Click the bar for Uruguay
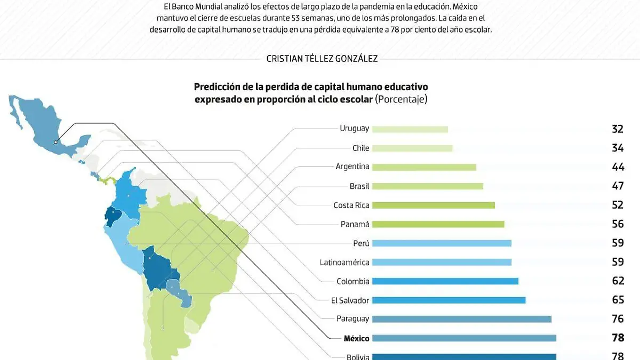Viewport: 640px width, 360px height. tap(410, 129)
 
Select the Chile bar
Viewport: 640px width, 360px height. tap(412, 148)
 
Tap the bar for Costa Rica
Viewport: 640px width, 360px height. tap(433, 205)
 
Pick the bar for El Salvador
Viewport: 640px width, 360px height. tap(449, 300)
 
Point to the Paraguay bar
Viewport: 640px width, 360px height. tap(461, 319)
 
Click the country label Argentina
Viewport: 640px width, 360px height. tap(353, 167)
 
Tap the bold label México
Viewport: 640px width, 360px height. tap(356, 338)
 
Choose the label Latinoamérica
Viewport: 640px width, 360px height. tap(345, 262)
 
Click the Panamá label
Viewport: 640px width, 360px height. tap(355, 225)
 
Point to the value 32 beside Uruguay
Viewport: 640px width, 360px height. tap(618, 129)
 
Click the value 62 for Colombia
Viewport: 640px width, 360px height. tap(618, 281)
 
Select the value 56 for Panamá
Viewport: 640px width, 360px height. tap(618, 225)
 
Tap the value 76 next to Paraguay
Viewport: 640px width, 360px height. tap(618, 319)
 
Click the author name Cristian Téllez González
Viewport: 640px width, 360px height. tap(322, 59)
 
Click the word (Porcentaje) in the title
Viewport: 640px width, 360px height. tap(401, 99)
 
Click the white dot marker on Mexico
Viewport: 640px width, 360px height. tap(55, 142)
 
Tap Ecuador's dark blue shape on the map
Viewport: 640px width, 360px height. tap(113, 217)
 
